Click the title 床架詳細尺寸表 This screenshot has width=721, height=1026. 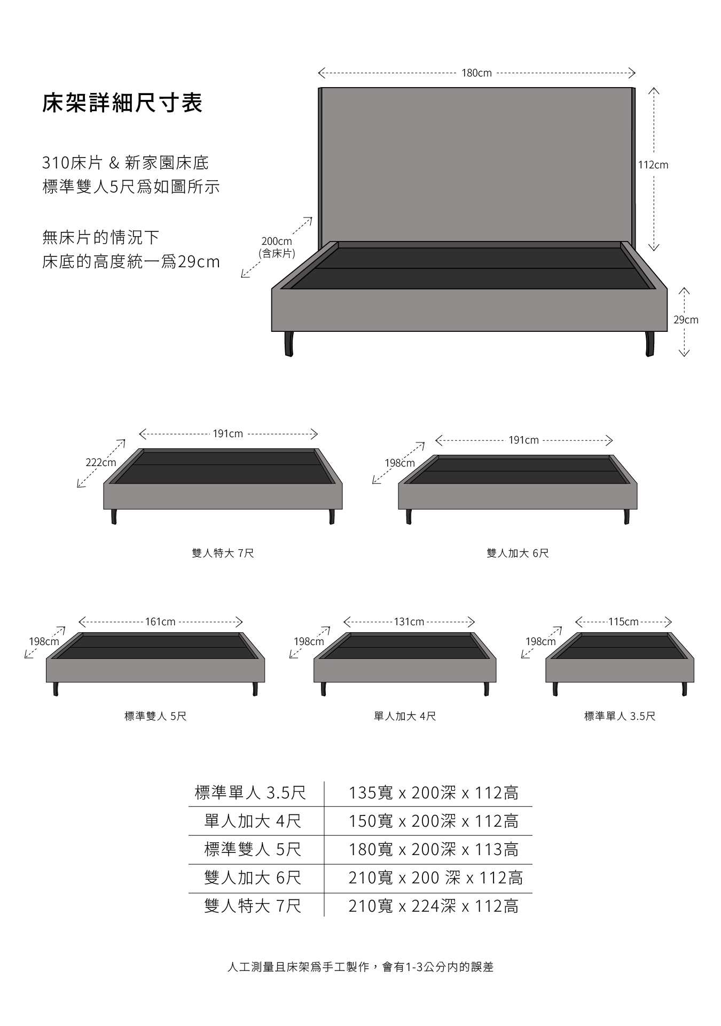coord(122,103)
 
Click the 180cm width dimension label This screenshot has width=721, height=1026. coord(476,73)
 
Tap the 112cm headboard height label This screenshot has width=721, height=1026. coord(653,165)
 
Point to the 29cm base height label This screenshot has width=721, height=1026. coord(686,320)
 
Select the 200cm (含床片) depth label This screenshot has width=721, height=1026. coord(277,247)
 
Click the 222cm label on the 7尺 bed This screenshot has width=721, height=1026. coord(101,463)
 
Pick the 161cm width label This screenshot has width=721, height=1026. coord(160,622)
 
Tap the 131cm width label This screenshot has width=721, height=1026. coord(409,622)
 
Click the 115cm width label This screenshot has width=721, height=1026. coord(623,622)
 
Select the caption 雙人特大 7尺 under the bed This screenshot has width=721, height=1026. coord(223,553)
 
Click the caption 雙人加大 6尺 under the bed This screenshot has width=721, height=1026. coord(518,553)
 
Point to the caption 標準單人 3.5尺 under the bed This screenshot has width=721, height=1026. coord(620,716)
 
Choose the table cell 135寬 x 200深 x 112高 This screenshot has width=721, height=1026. coord(434,793)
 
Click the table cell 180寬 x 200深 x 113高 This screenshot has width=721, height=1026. coord(434,850)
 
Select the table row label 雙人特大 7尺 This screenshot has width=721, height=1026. coord(253,906)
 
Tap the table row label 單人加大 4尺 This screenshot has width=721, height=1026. coord(253,821)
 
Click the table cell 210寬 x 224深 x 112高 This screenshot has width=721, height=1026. coord(434,906)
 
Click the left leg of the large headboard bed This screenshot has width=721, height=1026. coord(289,344)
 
